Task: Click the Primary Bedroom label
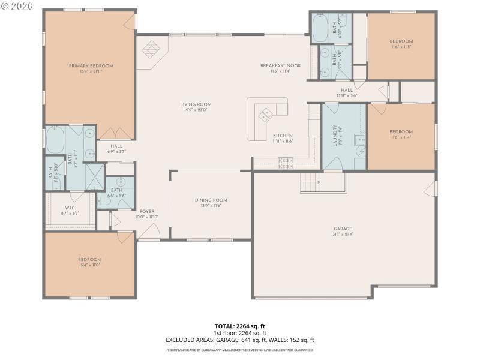coord(91,66)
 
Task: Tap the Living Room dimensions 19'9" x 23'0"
coord(196,110)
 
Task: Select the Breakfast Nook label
coord(280,65)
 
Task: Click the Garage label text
coord(343,229)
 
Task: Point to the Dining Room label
coord(211,200)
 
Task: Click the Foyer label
coord(147,211)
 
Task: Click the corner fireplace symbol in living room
coord(151,49)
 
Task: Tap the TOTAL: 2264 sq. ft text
coord(240,326)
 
